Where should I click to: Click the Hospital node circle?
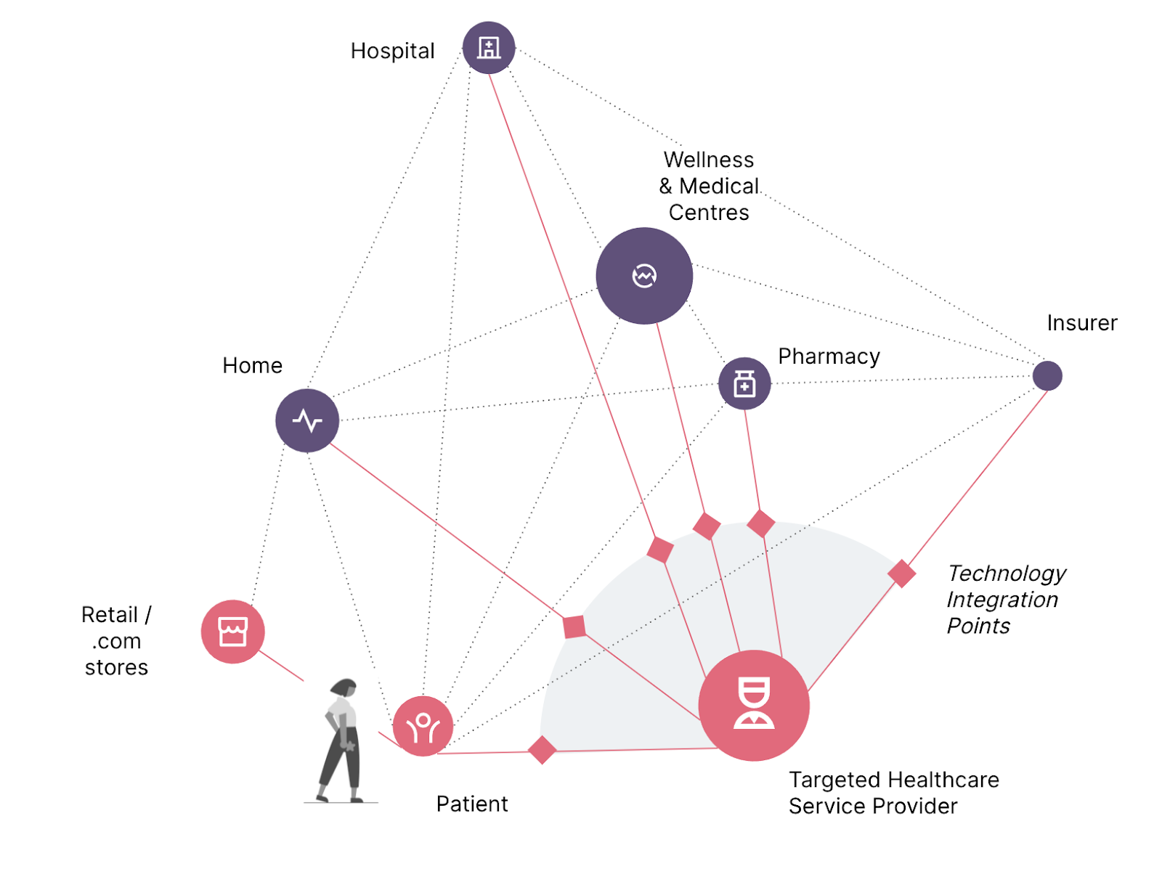489,48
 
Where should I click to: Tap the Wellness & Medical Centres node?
644,276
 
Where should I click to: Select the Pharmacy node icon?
744,383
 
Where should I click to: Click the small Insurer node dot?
1047,376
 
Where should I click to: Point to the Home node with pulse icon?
307,420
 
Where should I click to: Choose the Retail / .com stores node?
232,632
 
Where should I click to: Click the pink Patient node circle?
423,726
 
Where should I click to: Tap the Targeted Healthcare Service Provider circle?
754,705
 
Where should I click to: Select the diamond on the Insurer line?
901,574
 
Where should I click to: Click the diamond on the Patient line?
543,750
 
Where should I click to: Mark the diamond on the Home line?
574,627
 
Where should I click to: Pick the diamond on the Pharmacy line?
761,523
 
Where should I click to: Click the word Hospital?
392,51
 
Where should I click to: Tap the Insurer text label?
1081,323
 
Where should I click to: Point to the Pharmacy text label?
829,356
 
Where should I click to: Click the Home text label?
252,365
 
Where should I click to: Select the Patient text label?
471,804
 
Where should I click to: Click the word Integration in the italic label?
1002,600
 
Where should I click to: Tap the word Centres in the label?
709,213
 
